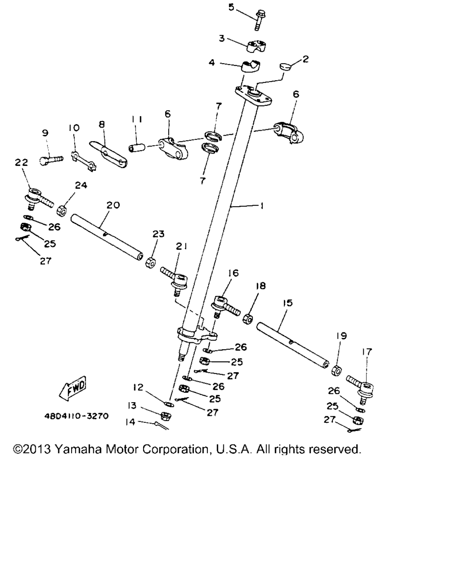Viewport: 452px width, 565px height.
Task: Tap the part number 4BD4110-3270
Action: click(x=76, y=416)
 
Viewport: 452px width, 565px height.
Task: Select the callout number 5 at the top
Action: click(x=231, y=7)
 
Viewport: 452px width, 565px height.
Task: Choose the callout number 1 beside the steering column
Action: click(x=262, y=206)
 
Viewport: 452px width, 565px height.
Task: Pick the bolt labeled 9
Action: click(x=52, y=159)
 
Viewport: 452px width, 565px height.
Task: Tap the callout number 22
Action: click(x=21, y=163)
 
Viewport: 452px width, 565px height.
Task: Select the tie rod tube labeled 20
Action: click(x=107, y=236)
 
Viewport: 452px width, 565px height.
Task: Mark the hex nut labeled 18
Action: click(x=248, y=319)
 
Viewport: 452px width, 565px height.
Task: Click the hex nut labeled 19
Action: click(x=336, y=369)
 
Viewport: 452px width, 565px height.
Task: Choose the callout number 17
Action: click(x=367, y=351)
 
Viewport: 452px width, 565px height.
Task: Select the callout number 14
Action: click(x=131, y=422)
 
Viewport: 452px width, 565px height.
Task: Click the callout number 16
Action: click(x=233, y=273)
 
